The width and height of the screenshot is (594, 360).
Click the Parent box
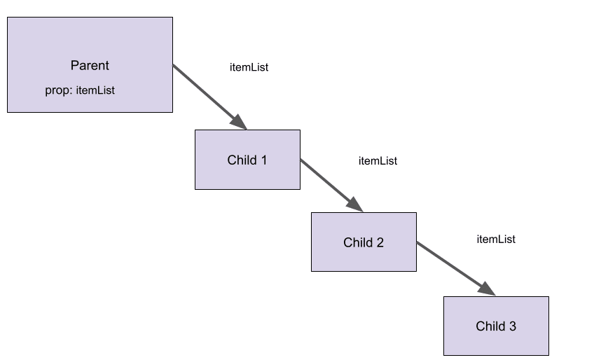pyautogui.click(x=90, y=42)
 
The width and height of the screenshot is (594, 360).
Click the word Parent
pyautogui.click(x=90, y=66)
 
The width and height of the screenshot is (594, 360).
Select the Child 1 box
pyautogui.click(x=247, y=175)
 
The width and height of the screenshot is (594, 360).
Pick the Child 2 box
pyautogui.click(x=364, y=259)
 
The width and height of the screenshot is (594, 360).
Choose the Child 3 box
pyautogui.click(x=496, y=342)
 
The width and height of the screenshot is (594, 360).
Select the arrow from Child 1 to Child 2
pyautogui.click(x=329, y=184)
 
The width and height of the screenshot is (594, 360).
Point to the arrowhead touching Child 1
pyautogui.click(x=240, y=123)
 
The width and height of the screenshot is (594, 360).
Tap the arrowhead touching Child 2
pyautogui.click(x=355, y=205)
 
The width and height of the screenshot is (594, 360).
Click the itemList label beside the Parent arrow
pyautogui.click(x=249, y=68)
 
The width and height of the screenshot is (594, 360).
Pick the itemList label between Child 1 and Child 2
pyautogui.click(x=378, y=161)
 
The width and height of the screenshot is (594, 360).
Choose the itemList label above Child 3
pyautogui.click(x=496, y=240)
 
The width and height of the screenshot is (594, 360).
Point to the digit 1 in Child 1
pyautogui.click(x=263, y=160)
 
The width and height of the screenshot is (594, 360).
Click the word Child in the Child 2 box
pyautogui.click(x=357, y=243)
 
